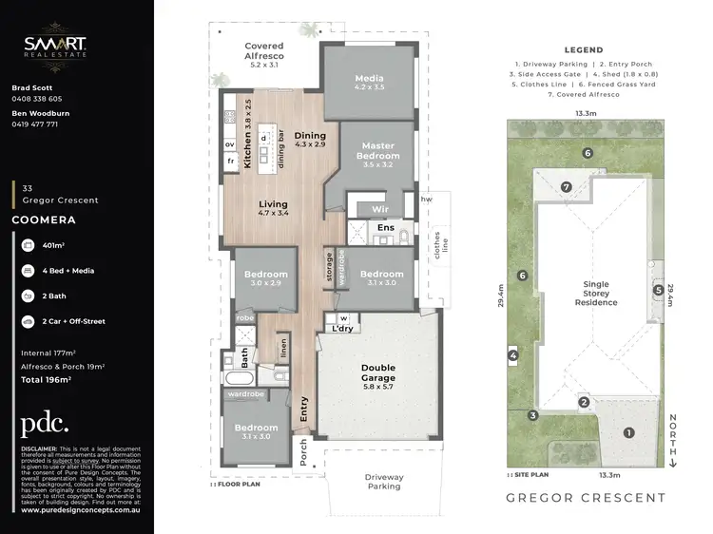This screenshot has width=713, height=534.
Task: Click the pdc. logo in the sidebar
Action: [45, 424]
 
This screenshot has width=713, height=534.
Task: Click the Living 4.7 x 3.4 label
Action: [274, 209]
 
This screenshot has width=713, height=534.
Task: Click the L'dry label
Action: [343, 329]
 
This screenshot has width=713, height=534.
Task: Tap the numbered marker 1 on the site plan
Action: [627, 432]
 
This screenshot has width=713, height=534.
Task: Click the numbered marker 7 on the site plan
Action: [567, 187]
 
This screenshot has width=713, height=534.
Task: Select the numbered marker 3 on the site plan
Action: [534, 415]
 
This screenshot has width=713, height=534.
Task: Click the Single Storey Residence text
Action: [595, 293]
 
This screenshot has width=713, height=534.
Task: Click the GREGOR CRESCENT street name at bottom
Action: [585, 498]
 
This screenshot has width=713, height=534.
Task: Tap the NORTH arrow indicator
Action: [673, 437]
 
